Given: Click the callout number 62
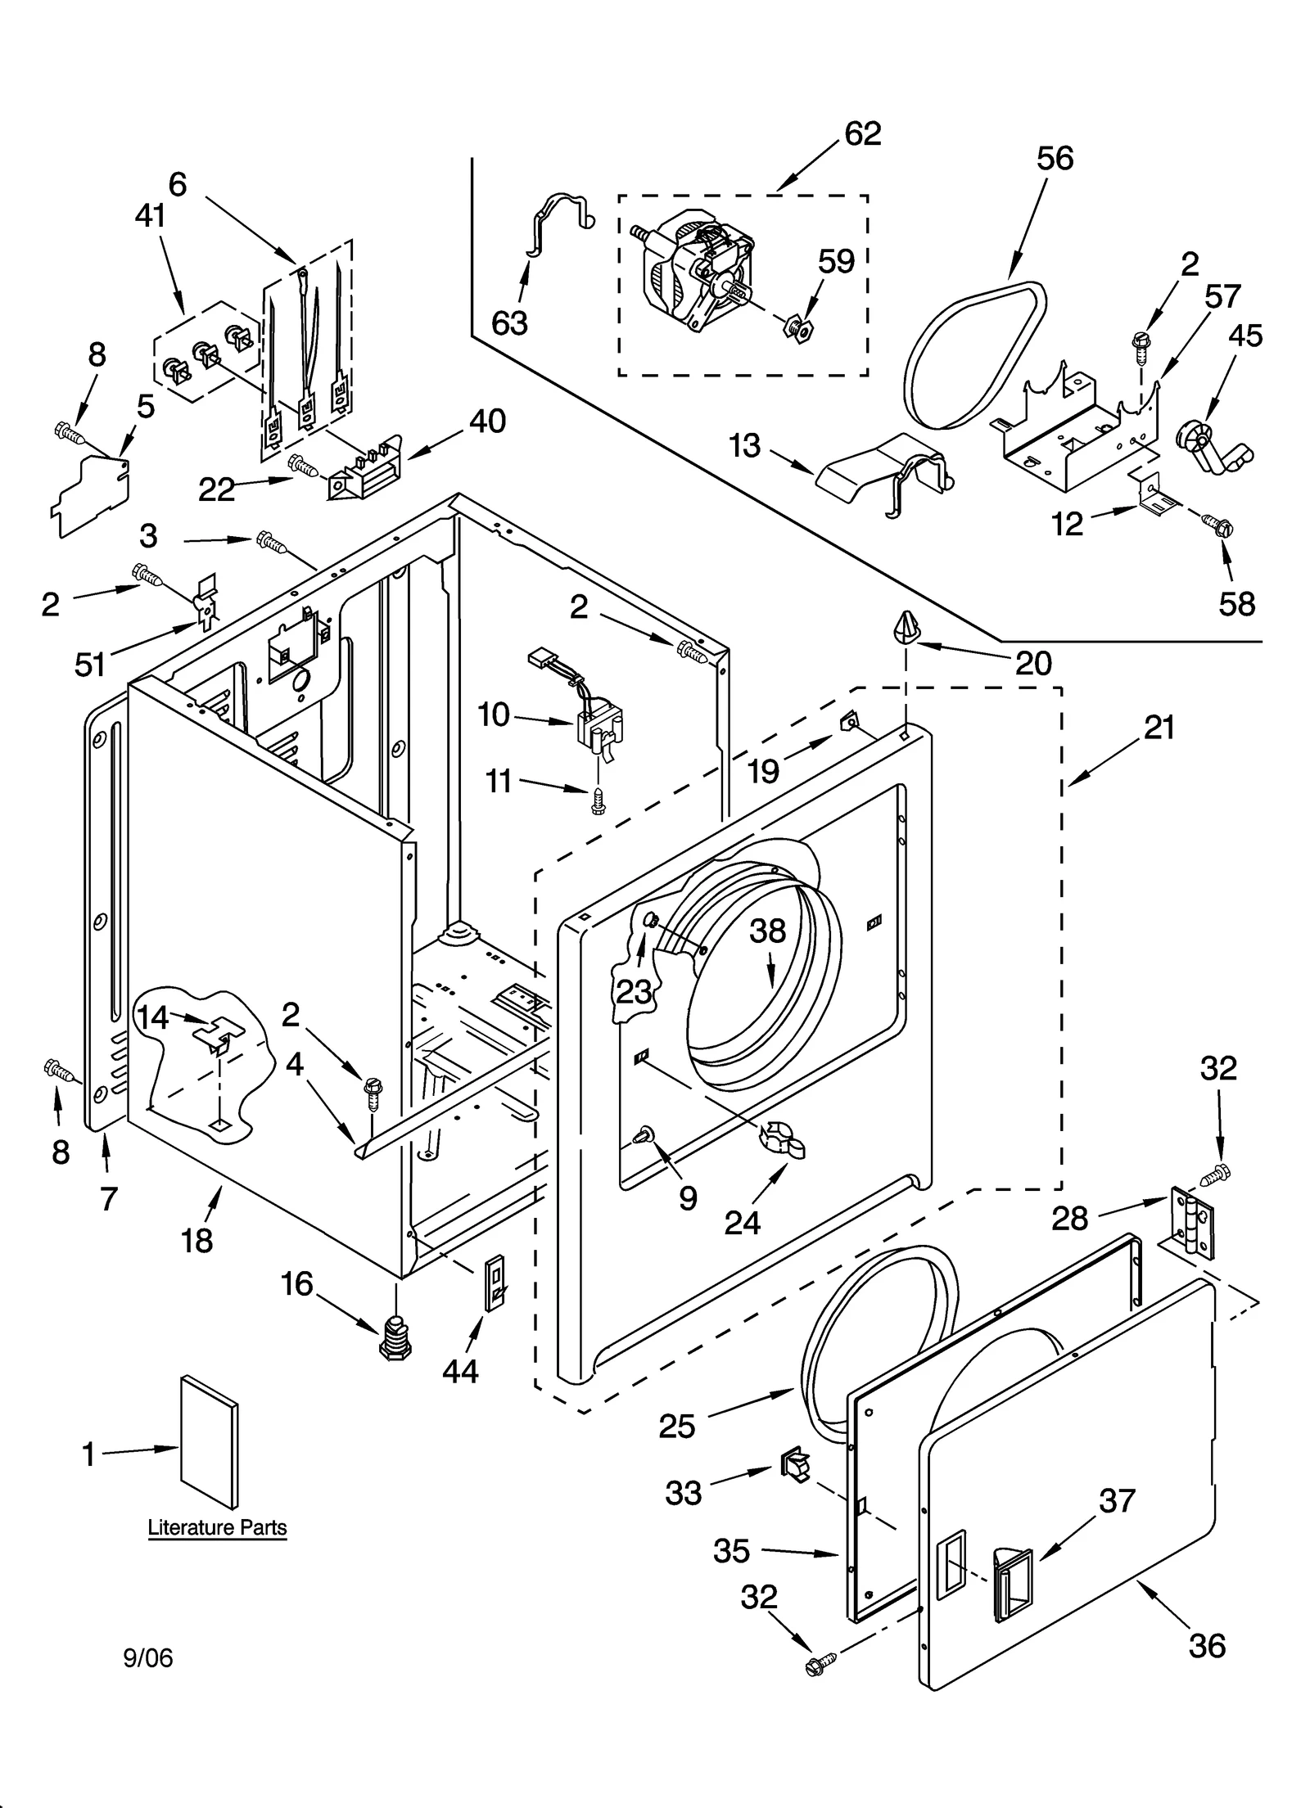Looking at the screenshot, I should click(862, 133).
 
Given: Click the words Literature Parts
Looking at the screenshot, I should click(217, 1527).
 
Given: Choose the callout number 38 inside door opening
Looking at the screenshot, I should click(767, 931).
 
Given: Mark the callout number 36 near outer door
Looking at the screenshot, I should click(1206, 1646).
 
